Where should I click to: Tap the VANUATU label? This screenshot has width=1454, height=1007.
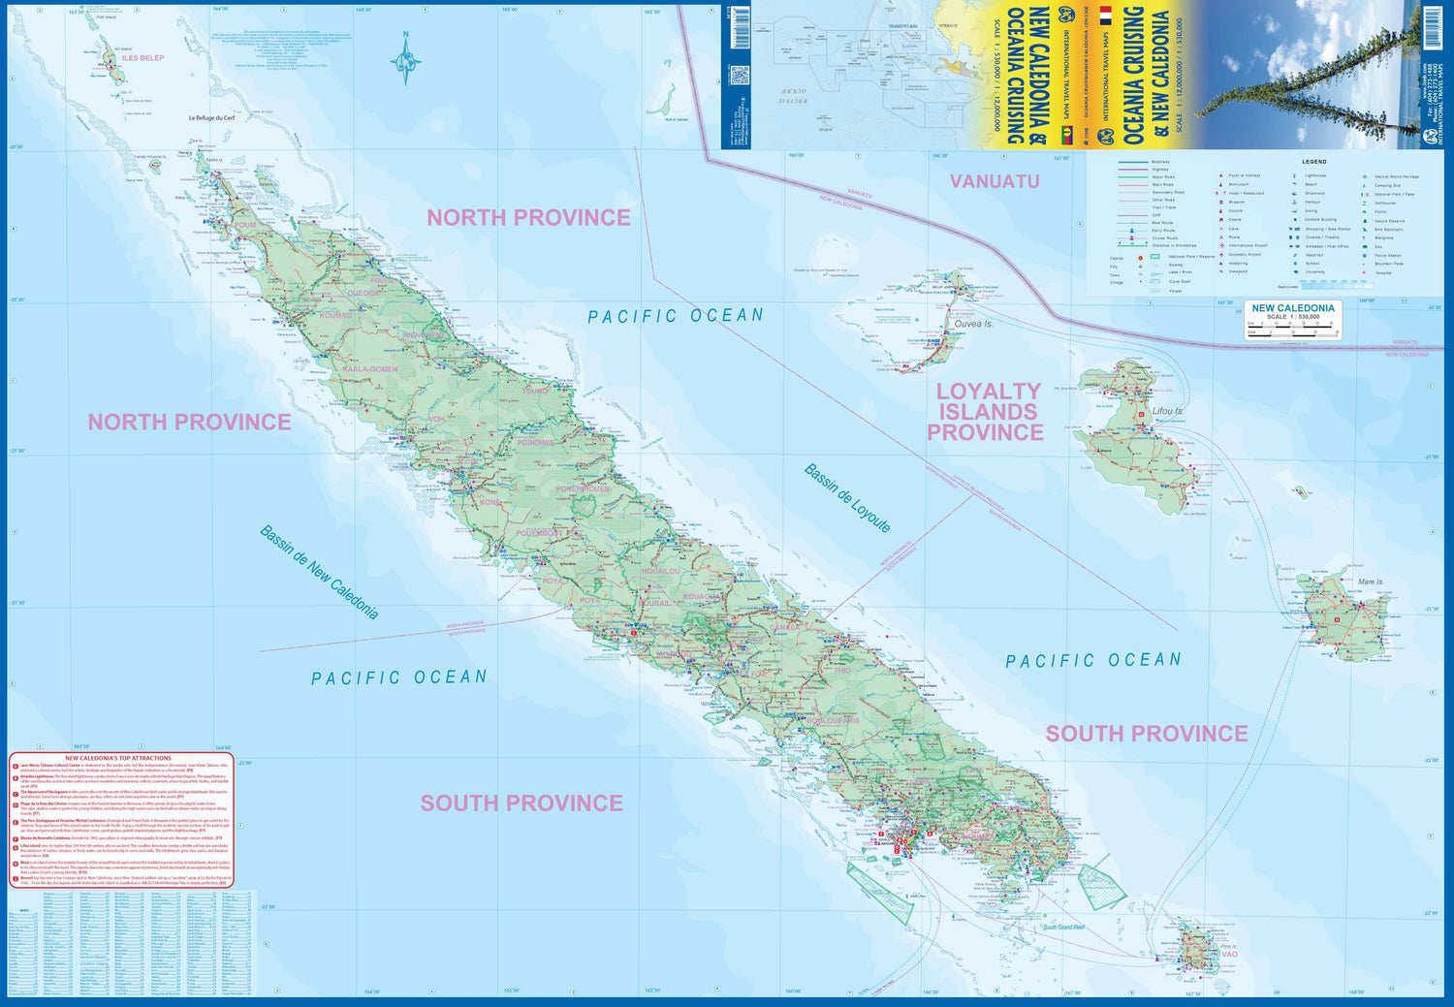(994, 181)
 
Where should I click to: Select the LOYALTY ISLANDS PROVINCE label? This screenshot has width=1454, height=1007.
(986, 412)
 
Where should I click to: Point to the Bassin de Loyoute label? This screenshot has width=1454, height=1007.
(847, 497)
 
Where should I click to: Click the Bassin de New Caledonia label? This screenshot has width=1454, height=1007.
(319, 572)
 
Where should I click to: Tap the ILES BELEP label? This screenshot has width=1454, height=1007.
(142, 58)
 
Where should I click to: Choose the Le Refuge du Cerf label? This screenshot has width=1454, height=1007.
(211, 118)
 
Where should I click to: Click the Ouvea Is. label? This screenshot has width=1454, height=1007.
(973, 324)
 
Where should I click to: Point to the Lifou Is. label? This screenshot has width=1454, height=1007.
(1168, 411)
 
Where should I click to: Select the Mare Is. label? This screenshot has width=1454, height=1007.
(1371, 582)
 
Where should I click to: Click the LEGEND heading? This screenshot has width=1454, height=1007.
(1313, 162)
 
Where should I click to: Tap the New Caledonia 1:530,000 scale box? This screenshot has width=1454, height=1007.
(1292, 320)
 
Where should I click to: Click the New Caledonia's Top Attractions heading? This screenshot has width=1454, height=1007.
(118, 758)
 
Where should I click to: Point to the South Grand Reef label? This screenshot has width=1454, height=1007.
(1063, 928)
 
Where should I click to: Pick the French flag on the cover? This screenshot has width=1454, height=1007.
(1105, 16)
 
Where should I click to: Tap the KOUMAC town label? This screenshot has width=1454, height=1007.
(336, 315)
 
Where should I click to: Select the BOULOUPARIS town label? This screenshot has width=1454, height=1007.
(834, 720)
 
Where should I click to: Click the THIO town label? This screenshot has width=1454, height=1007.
(842, 670)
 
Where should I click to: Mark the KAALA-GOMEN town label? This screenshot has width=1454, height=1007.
(370, 369)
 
